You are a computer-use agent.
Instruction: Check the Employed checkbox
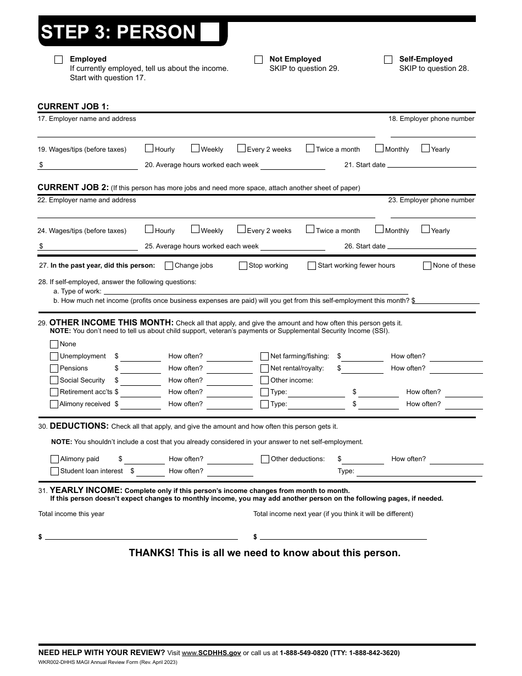[59, 60]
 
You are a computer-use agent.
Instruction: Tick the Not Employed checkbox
[258, 60]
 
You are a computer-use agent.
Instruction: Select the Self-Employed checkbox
[388, 60]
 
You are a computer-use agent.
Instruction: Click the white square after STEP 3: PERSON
[209, 32]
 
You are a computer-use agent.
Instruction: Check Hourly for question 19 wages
[149, 148]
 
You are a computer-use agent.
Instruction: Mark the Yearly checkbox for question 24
[425, 230]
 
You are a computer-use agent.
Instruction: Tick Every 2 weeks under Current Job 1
[241, 148]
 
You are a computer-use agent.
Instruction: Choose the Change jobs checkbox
[169, 266]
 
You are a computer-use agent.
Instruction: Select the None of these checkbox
[427, 266]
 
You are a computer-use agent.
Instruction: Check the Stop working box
[243, 266]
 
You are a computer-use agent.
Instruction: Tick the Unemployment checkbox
[54, 357]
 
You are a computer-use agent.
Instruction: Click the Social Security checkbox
[54, 380]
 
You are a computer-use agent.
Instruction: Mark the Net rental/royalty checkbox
[265, 369]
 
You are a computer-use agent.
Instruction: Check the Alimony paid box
[54, 459]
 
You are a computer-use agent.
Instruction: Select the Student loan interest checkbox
[54, 472]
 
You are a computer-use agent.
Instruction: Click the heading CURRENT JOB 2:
[73, 187]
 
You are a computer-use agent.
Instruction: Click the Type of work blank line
[256, 292]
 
